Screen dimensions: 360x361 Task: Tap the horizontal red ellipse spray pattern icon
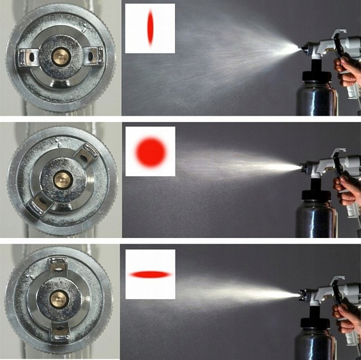coord(150,274)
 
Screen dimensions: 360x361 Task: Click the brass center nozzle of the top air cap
coord(59,55)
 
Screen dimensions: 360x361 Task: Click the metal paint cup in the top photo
coord(316,94)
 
